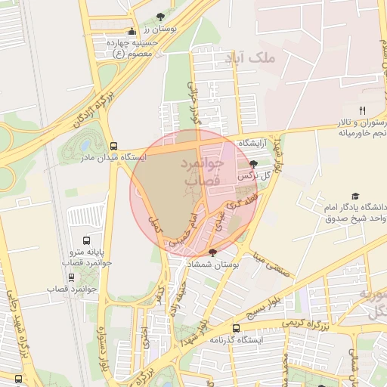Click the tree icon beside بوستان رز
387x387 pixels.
pos(159,17)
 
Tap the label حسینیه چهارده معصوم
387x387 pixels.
pos(134,48)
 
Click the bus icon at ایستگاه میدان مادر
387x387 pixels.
pos(113,146)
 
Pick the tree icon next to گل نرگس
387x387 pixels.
pos(252,163)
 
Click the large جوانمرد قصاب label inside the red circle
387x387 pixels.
pos(203,172)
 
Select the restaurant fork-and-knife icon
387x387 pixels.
pos(362,110)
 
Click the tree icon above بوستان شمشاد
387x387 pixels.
pos(212,252)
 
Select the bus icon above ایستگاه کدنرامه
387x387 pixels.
pos(236,329)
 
